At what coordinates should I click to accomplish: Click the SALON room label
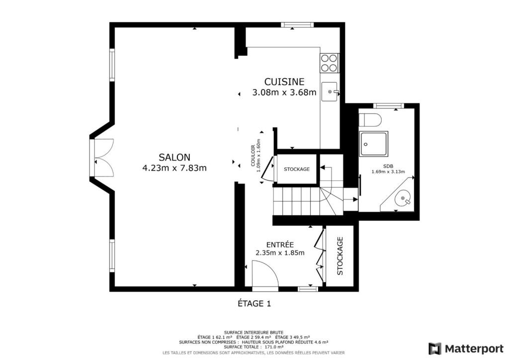point(174,158)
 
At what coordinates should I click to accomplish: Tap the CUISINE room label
point(284,82)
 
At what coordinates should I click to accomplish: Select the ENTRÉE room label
point(280,245)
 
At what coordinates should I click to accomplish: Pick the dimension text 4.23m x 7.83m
point(174,168)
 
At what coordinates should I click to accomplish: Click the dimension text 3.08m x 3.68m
point(284,92)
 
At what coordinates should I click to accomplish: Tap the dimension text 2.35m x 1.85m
point(280,253)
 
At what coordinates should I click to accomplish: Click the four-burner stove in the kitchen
point(329,63)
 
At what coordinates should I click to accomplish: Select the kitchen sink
point(330,92)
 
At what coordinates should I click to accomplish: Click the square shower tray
point(373,144)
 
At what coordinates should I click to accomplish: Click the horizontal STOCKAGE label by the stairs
point(297,169)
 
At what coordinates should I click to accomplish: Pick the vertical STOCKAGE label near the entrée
point(340,256)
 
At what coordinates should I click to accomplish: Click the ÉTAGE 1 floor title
point(254,303)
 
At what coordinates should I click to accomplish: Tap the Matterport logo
point(466,349)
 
